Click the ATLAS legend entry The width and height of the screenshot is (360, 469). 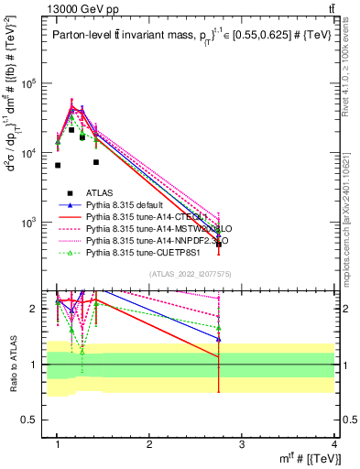pyautogui.click(x=100, y=191)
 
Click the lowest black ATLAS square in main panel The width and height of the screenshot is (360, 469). pyautogui.click(x=218, y=245)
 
